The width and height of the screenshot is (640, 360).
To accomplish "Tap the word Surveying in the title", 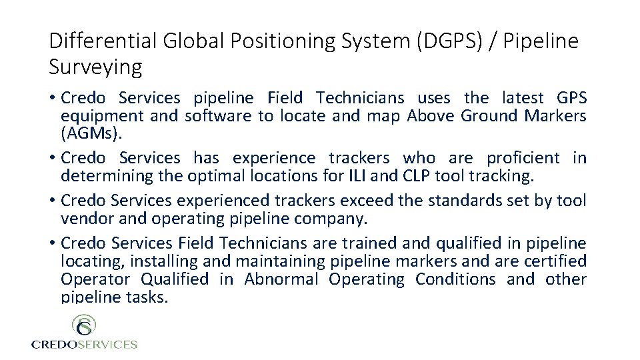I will click(95, 67).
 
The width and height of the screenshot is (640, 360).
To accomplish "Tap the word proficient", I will click(523, 158).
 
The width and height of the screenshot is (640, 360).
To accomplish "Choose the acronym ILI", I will click(357, 176).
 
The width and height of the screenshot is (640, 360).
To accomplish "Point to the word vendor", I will click(83, 219).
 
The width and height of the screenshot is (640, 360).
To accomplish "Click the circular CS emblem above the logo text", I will click(84, 327).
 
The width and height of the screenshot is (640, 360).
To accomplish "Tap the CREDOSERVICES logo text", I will click(84, 345).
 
